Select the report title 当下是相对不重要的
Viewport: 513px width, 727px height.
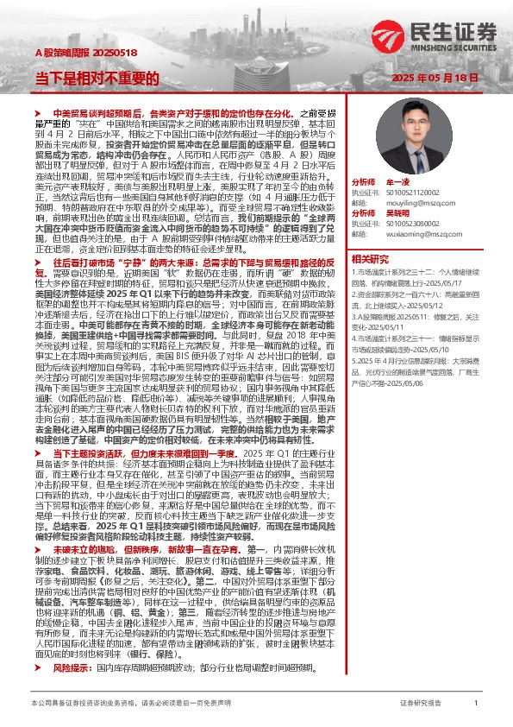tap(97, 77)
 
